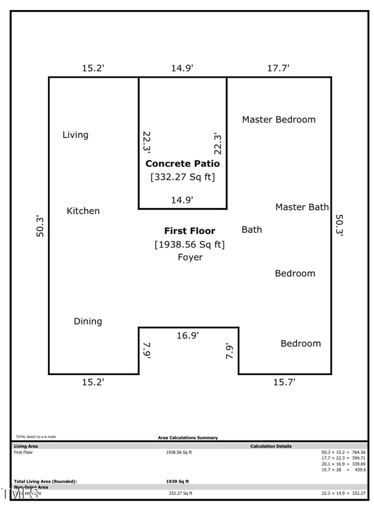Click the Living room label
(75, 135)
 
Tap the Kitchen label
(83, 211)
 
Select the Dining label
(88, 322)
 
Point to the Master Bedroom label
(279, 120)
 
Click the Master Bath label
(302, 207)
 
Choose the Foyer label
(190, 257)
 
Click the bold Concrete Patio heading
(182, 164)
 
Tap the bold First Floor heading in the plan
(189, 231)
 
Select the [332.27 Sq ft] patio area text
(182, 178)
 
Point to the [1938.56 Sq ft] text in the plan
(189, 244)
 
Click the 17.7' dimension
(279, 68)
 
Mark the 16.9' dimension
(188, 335)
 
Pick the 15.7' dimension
(284, 382)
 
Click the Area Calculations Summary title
(188, 438)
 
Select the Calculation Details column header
(271, 446)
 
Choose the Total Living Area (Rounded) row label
(45, 481)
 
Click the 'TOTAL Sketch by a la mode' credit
(36, 437)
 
